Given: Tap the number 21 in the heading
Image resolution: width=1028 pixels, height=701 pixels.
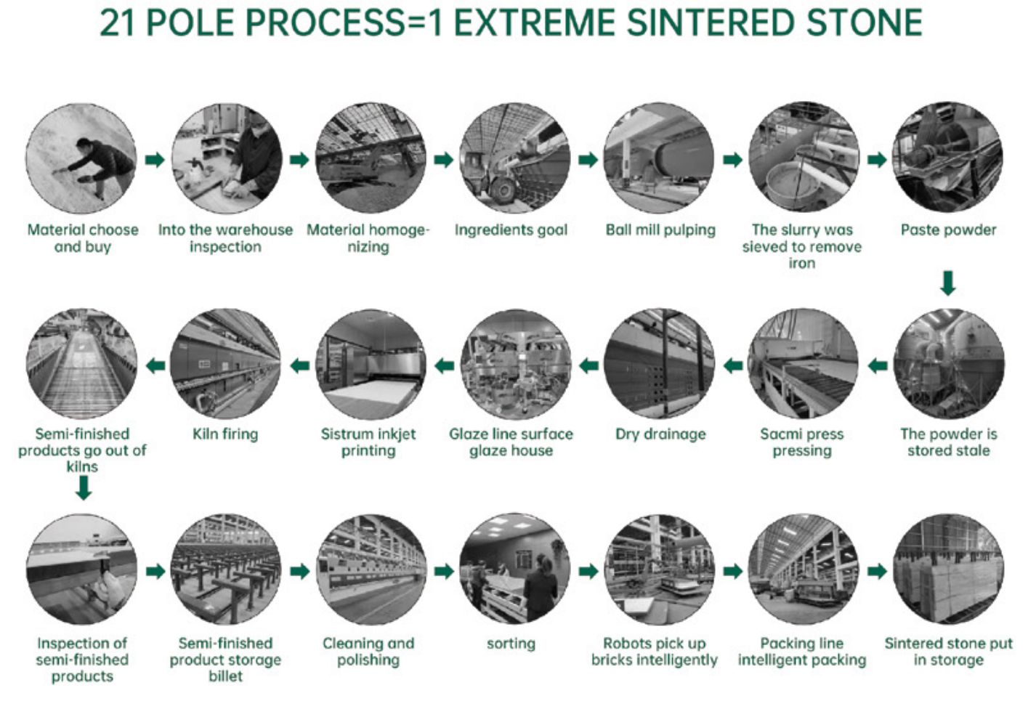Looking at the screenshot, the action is tap(117, 23).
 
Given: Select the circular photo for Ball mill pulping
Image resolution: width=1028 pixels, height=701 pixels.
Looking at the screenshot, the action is tap(659, 158).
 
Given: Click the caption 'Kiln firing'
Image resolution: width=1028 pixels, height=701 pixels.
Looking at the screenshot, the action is tap(225, 434).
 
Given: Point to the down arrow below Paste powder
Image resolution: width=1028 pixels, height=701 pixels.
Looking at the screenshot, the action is tap(948, 283).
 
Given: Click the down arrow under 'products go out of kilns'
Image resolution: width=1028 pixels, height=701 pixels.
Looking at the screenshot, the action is tap(84, 487).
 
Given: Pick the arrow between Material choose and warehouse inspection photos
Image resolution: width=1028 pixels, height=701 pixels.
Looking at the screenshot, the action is tap(155, 160).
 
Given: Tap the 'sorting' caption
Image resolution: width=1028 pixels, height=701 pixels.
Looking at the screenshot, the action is tap(511, 644).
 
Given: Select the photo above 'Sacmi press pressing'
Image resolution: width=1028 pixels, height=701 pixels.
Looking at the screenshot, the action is tap(803, 363).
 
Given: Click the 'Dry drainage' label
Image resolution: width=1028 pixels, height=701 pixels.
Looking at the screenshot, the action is tap(661, 434).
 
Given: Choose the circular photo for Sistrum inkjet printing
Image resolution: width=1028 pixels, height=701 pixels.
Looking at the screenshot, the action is tap(371, 364).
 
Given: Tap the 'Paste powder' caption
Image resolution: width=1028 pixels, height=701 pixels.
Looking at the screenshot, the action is tap(949, 230).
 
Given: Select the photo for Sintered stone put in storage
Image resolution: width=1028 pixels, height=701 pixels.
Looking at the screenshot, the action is tap(948, 569).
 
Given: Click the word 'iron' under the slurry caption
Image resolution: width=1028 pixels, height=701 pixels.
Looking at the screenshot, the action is tap(802, 264).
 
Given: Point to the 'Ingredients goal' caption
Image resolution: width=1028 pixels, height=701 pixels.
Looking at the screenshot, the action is tap(511, 230).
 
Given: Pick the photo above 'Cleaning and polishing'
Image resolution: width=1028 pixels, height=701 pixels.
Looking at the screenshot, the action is tap(371, 569).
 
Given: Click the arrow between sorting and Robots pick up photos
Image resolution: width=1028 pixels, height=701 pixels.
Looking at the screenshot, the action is tap(588, 571).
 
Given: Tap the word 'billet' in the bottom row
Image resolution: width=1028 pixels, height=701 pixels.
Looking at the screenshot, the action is tap(225, 676).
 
